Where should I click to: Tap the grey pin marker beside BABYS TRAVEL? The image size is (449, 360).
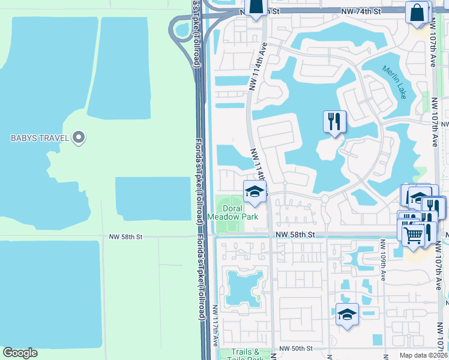click(78, 138)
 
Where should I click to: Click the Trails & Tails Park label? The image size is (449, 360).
click(247, 355)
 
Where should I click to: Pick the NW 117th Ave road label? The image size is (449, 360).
click(215, 325)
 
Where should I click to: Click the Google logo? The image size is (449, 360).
click(20, 353)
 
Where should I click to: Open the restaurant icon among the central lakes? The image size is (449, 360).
click(334, 122)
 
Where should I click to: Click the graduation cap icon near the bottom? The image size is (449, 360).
click(347, 314)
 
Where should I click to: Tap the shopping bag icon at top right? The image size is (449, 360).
click(417, 12)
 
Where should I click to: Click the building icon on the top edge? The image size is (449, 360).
click(256, 7)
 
